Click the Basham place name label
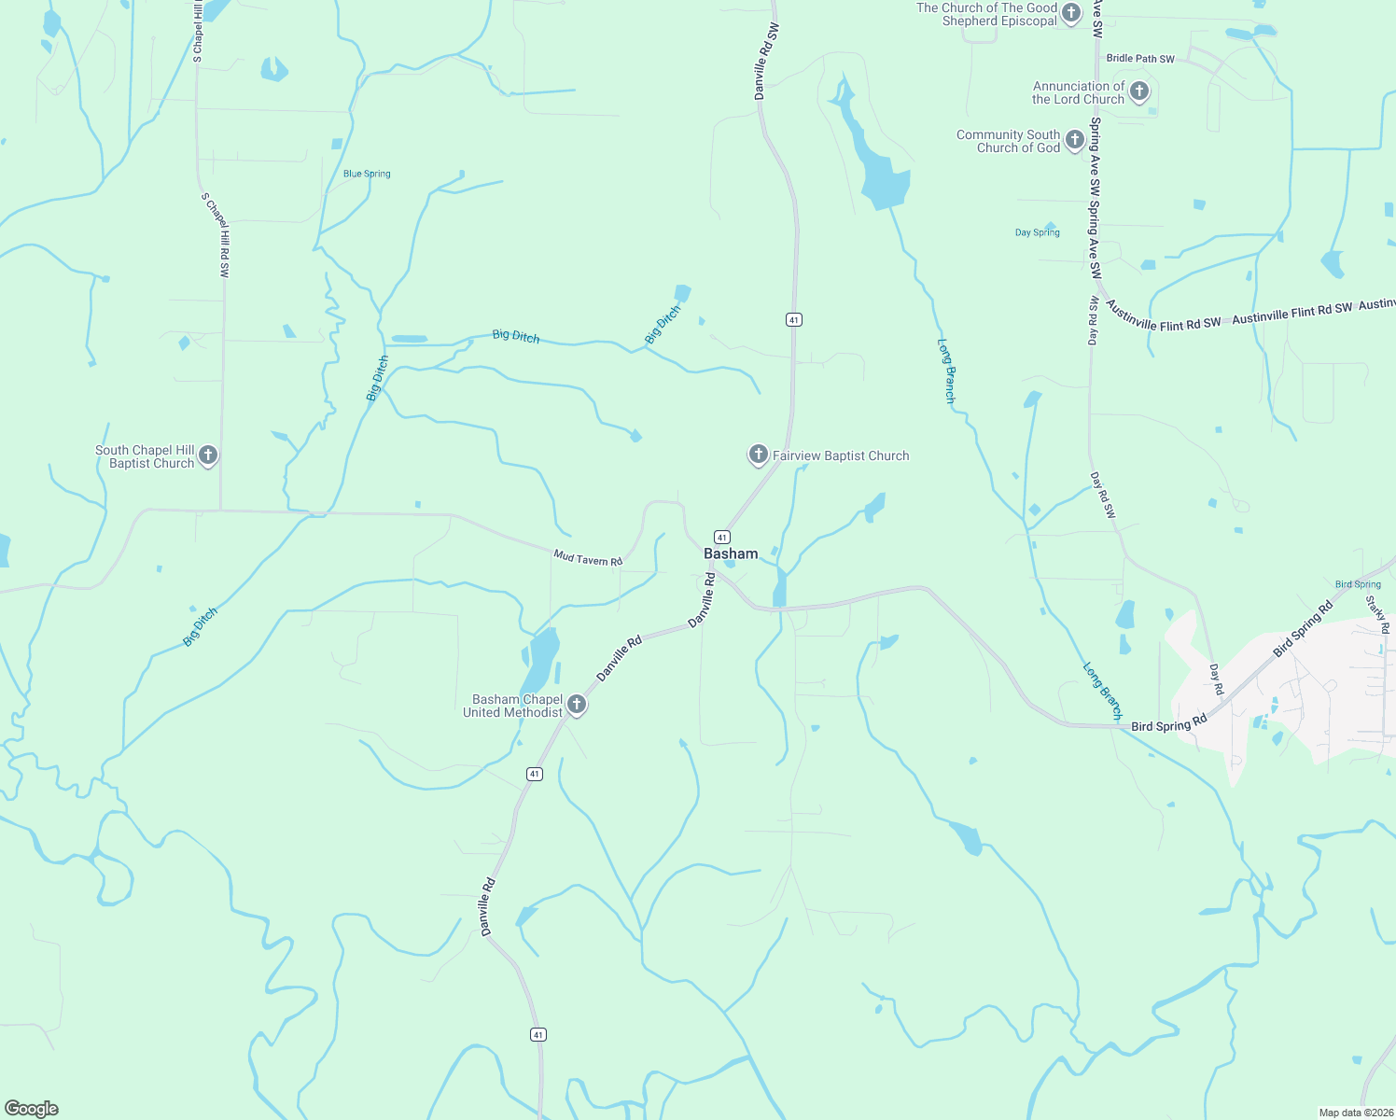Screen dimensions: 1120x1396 [731, 553]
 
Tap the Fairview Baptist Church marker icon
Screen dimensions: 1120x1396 [759, 455]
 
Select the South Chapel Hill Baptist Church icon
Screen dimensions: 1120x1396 [208, 455]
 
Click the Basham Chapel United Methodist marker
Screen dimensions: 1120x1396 [577, 705]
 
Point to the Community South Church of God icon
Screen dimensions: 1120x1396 [1074, 140]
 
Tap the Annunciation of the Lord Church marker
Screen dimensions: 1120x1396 [1138, 91]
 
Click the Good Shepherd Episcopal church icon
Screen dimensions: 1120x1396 [1071, 13]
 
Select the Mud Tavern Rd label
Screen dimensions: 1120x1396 [588, 558]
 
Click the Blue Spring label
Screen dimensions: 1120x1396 [367, 174]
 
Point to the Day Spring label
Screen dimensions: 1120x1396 [1037, 232]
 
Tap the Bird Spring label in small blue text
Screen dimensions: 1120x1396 [1358, 584]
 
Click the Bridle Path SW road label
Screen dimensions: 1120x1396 [1140, 59]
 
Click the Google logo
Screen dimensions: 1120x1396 [32, 1109]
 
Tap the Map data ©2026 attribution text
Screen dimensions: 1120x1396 [1355, 1113]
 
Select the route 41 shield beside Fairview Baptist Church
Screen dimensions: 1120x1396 [793, 319]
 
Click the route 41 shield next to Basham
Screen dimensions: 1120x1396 [722, 537]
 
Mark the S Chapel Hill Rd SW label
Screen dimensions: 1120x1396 [216, 235]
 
